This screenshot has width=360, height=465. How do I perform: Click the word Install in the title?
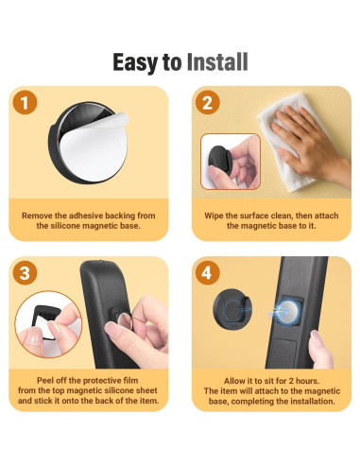coord(217,62)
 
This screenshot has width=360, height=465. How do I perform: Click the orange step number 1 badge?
coord(26,103)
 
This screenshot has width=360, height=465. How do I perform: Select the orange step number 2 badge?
coord(208,103)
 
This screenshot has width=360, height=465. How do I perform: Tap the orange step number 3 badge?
coord(26,273)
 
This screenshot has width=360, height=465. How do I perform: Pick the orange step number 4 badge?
coord(208,273)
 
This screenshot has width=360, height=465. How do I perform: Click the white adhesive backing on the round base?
coord(94,146)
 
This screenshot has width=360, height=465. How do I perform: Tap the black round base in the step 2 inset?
coord(220,162)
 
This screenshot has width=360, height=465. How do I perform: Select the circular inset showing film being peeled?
coord(48,324)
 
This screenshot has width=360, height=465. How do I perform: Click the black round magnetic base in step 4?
coord(232,309)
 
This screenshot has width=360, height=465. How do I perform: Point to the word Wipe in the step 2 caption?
coord(214,216)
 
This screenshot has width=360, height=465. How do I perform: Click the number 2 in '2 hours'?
coord(291,381)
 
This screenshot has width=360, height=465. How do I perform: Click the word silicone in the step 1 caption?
coord(65,226)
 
